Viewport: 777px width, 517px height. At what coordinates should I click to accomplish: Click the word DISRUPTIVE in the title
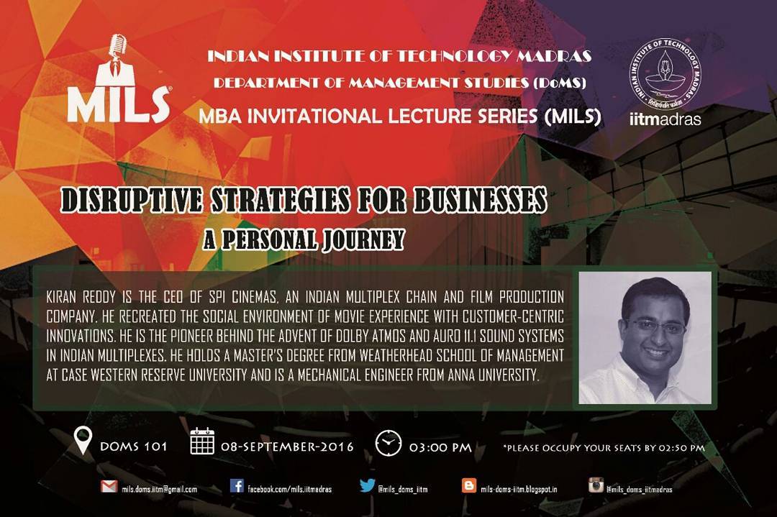[132, 200]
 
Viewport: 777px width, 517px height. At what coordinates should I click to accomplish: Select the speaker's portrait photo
[645, 338]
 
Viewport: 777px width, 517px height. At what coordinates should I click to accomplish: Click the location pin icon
[83, 441]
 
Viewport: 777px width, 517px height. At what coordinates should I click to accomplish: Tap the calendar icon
[202, 441]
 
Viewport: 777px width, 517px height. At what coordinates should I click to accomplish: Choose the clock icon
[388, 443]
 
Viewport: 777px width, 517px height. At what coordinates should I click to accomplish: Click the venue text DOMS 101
[134, 447]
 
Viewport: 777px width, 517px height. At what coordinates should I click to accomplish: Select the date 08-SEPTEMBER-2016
[287, 447]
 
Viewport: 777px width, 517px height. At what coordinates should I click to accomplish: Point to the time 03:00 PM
[440, 448]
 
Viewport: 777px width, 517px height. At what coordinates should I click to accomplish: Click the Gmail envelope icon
[109, 486]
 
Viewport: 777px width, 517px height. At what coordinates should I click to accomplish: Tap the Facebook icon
[237, 486]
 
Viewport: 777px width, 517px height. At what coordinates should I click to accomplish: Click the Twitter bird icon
[367, 485]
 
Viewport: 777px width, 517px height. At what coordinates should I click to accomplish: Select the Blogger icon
[469, 485]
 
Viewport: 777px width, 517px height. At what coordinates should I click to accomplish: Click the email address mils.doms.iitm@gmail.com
[160, 489]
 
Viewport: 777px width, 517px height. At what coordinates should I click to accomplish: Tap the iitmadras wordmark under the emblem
[665, 119]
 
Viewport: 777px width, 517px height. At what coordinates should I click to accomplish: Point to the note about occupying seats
[604, 448]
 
